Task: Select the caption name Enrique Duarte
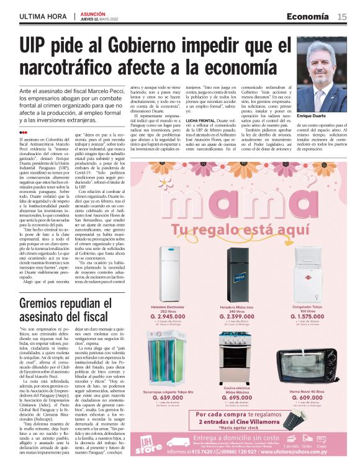coord(313,117)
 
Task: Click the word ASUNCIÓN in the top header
coord(93,13)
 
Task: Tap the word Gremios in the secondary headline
coord(47,305)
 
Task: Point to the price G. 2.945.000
coord(168,316)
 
